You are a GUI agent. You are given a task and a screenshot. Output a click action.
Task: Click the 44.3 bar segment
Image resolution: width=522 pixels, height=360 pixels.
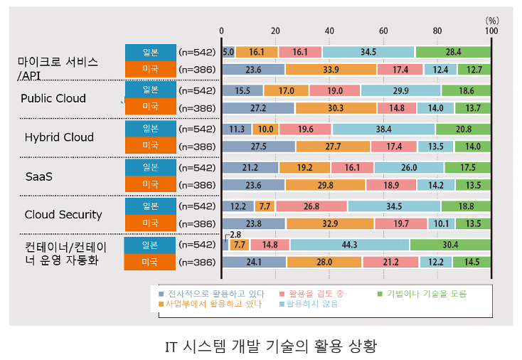(350, 245)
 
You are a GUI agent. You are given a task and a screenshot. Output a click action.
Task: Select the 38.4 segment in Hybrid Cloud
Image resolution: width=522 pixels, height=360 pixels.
(383, 129)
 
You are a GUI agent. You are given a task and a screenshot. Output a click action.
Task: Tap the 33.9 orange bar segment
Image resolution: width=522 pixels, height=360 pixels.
(331, 70)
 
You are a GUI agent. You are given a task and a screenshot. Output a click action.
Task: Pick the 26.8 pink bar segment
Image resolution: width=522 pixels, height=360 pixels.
(311, 206)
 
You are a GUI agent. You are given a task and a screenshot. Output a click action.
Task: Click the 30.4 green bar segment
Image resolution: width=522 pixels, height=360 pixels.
(450, 245)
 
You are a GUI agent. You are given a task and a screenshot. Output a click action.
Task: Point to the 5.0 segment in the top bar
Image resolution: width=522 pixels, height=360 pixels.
(228, 52)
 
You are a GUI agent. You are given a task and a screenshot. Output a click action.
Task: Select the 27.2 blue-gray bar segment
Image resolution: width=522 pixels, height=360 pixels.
(258, 108)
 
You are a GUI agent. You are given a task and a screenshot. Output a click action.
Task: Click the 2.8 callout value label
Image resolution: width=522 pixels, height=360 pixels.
(235, 235)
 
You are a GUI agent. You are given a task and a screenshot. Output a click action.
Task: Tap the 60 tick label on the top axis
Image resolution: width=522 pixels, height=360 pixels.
(383, 31)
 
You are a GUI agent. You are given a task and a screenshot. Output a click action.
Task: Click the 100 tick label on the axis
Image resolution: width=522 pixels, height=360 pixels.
(491, 31)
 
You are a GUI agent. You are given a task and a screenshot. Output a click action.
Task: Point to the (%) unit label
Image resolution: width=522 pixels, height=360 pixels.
(492, 21)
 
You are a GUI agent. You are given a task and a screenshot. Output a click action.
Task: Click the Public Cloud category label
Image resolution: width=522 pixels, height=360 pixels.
(53, 99)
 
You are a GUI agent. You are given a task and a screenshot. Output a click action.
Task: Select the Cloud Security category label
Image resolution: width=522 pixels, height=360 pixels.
(63, 215)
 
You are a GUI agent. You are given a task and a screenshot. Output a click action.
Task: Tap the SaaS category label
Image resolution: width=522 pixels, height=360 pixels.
(39, 176)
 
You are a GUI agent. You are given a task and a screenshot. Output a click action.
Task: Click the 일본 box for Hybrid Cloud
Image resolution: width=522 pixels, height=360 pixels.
(151, 129)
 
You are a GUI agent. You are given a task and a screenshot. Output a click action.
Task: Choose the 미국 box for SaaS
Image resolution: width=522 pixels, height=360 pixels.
(151, 184)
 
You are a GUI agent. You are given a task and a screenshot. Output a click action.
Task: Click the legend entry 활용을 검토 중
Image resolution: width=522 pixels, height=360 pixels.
(311, 294)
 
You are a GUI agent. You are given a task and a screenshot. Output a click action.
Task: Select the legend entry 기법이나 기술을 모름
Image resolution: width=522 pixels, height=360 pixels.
(422, 294)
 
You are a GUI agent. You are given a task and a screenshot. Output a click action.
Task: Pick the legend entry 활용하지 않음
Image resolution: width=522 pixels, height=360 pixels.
(309, 304)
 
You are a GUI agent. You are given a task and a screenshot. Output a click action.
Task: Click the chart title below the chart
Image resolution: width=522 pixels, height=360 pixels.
(271, 346)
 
